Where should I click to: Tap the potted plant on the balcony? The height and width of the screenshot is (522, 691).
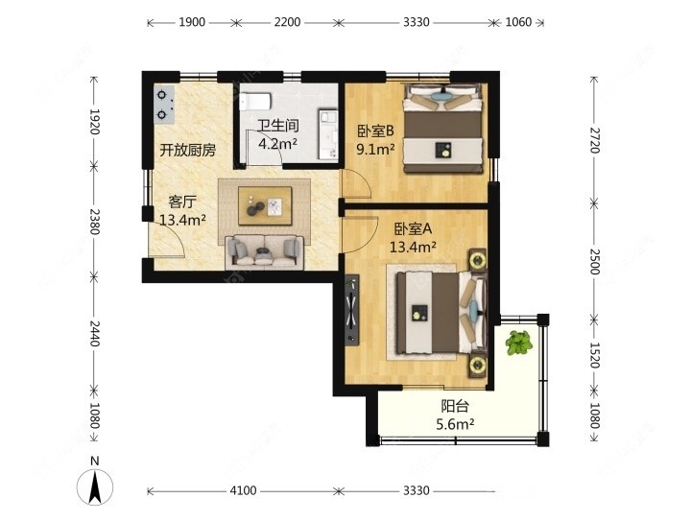[518, 343]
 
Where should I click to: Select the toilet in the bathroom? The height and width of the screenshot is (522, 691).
[255, 102]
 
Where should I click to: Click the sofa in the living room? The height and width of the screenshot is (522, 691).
[265, 253]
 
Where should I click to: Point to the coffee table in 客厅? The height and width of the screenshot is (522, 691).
[265, 205]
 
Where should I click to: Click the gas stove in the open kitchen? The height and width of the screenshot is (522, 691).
[164, 105]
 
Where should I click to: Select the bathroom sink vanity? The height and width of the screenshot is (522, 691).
[328, 134]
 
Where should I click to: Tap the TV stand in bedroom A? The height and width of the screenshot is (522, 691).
[351, 310]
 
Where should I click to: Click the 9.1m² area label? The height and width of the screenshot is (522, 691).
[375, 150]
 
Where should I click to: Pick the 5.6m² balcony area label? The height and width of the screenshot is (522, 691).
[455, 424]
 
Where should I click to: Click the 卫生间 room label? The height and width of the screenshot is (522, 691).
[278, 126]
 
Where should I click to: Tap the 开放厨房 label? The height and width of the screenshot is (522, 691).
[188, 151]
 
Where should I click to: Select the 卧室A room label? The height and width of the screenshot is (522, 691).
[413, 229]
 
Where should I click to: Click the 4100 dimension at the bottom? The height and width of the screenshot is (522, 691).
[243, 490]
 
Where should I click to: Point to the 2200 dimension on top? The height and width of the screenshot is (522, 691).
[287, 22]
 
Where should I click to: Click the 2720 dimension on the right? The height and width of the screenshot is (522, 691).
[595, 140]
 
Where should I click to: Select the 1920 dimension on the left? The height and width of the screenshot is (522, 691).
[94, 122]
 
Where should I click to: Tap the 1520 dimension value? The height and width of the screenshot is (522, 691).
[595, 355]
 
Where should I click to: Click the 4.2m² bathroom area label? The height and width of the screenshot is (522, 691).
[277, 144]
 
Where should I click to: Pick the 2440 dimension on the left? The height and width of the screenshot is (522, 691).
[94, 334]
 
